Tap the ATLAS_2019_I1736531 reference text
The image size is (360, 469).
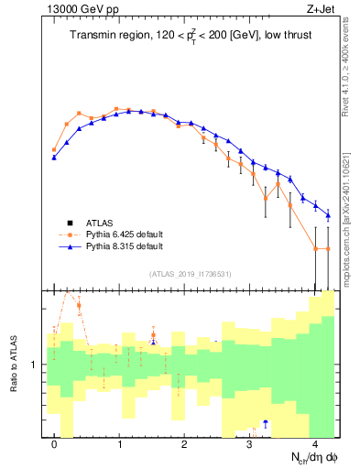(x=190, y=274)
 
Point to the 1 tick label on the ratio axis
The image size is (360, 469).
(x=34, y=365)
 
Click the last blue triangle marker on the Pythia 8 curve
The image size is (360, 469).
(x=328, y=215)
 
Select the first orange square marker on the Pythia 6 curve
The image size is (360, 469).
(x=54, y=149)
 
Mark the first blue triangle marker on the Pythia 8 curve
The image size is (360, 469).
(x=54, y=158)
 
